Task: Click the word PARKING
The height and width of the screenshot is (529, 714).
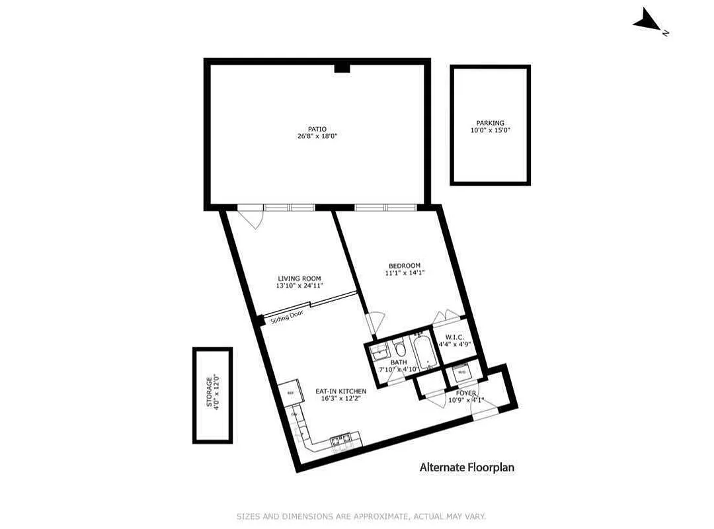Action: [x=490, y=123]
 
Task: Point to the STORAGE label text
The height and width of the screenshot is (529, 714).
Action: [x=208, y=392]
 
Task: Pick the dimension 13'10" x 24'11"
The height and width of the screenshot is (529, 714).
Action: [x=299, y=286]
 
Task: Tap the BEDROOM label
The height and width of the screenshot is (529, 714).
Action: [x=404, y=266]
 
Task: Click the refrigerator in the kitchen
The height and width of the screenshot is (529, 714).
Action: [x=289, y=393]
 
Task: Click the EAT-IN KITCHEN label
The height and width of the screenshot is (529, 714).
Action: [x=340, y=391]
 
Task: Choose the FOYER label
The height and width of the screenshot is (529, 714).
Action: [x=467, y=393]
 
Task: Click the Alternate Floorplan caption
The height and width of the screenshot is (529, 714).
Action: [x=467, y=468]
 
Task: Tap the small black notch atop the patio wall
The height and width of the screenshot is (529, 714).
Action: [x=342, y=68]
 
